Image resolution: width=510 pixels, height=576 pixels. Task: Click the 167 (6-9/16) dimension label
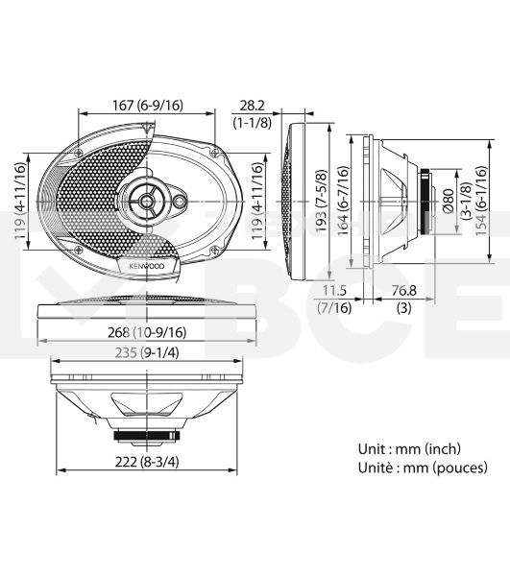click(x=147, y=106)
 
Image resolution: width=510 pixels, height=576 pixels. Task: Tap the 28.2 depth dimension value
click(x=252, y=106)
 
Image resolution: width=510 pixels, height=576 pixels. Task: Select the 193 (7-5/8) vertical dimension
click(x=322, y=201)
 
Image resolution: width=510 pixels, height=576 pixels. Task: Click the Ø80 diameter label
click(x=449, y=201)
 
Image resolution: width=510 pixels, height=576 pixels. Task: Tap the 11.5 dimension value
click(x=334, y=291)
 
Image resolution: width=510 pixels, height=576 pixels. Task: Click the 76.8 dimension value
click(x=403, y=291)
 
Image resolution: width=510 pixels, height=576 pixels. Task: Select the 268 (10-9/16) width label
click(x=147, y=332)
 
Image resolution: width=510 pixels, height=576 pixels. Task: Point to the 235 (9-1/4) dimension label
click(x=147, y=353)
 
